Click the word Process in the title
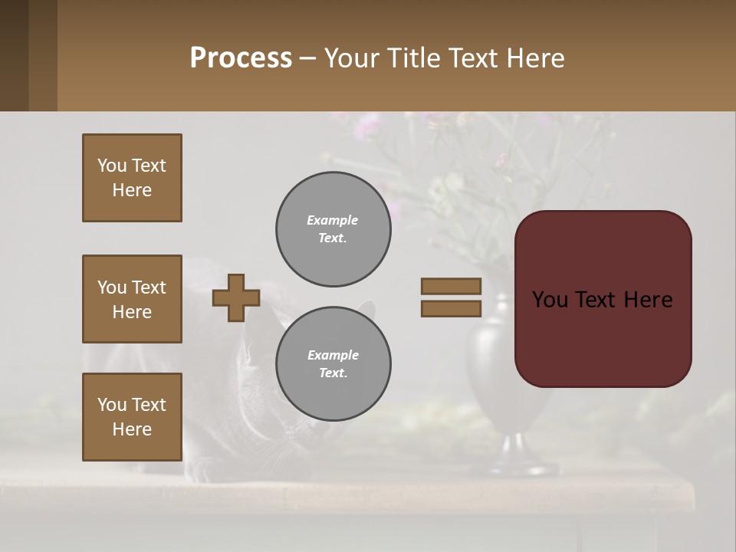241,58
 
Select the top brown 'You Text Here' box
132,178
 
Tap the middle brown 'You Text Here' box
132,299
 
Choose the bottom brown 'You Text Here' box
132,417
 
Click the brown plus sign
236,297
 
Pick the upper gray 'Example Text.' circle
333,229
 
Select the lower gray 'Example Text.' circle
333,364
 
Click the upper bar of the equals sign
451,286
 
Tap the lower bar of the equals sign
451,308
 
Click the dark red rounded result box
603,299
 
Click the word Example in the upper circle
332,220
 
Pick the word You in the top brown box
112,166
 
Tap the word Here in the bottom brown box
132,429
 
